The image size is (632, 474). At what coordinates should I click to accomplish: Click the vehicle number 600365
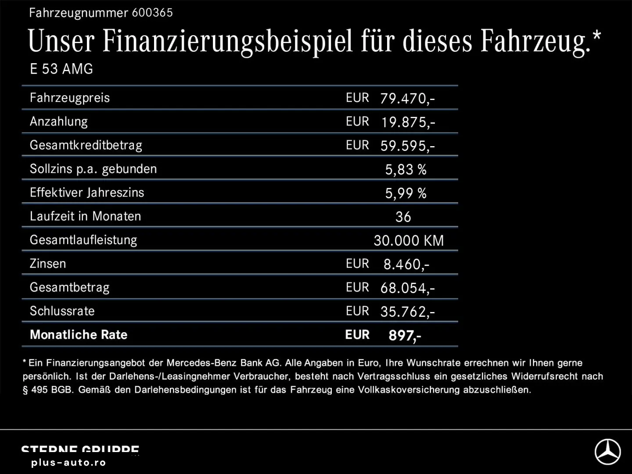coord(152,13)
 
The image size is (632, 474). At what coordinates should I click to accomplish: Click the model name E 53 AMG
coord(61,69)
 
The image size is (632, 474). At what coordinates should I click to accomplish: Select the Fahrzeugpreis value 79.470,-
coord(407,98)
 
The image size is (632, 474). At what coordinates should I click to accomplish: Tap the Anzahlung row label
coord(59,122)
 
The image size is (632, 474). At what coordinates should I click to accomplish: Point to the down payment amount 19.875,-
coord(408,122)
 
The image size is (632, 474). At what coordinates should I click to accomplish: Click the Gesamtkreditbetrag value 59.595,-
coord(407,146)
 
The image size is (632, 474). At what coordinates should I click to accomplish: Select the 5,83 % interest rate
coord(406,169)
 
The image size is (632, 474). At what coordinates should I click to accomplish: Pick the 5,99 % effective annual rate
coord(406,193)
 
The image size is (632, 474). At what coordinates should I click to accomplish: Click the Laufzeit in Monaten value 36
coord(403,217)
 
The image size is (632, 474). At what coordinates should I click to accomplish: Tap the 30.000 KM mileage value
coord(409,241)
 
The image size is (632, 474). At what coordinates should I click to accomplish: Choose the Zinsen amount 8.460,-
coord(406,264)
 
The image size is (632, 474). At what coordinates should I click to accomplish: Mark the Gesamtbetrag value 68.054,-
coord(407,288)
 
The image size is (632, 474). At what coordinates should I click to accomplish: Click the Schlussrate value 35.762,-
coord(407,312)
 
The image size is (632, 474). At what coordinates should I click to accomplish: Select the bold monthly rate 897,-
coord(405,335)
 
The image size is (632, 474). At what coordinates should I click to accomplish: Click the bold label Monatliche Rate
coord(79,335)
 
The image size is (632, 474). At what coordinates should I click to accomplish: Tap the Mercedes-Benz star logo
coord(607,452)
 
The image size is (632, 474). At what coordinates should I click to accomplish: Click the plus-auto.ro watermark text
coord(68,463)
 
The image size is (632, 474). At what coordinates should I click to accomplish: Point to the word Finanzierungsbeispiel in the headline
coord(227,41)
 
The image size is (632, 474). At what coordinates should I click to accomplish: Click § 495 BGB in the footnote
coord(48,390)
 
